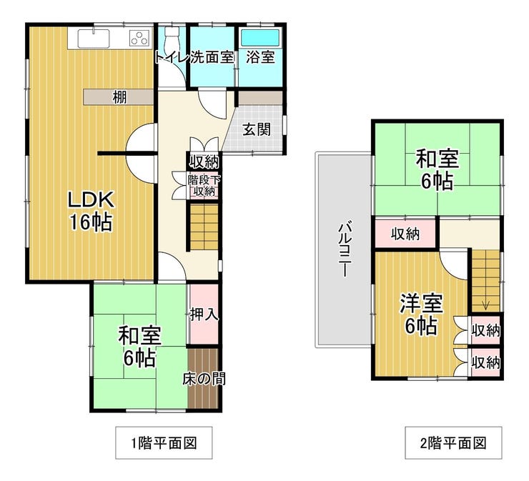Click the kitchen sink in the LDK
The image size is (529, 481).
click(94, 39)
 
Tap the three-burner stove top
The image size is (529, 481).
click(139, 38)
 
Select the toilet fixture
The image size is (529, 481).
click(171, 38)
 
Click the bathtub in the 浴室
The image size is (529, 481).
click(260, 37)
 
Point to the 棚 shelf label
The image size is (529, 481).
click(119, 97)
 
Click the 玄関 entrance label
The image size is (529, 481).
click(257, 129)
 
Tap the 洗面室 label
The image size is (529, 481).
click(212, 57)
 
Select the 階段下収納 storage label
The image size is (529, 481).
click(204, 185)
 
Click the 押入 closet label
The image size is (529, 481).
click(204, 314)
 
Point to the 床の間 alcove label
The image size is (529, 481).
click(204, 379)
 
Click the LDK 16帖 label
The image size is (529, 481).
click(90, 211)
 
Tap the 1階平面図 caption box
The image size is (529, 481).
click(164, 442)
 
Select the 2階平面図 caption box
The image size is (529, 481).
click(453, 442)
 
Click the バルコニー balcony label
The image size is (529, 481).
click(345, 249)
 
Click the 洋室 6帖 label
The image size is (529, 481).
click(421, 314)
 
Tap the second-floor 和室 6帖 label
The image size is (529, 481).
click(437, 170)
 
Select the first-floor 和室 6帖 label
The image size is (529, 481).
click(139, 347)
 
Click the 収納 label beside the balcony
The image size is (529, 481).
click(405, 234)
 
